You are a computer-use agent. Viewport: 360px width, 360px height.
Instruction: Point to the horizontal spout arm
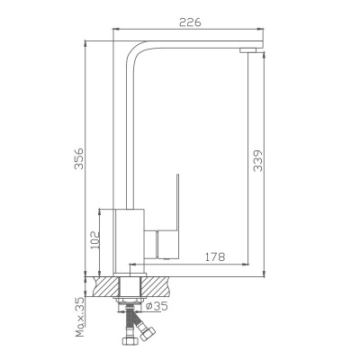pos(198,42)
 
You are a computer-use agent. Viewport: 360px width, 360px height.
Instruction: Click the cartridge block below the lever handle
pos(168,244)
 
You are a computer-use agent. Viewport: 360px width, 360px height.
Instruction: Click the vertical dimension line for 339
pos(266,162)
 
